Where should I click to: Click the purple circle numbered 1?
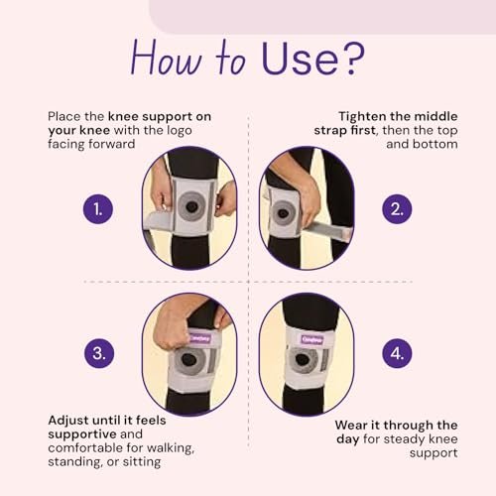[x=98, y=209]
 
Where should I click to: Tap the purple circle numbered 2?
[x=397, y=209]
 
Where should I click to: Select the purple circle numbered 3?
[x=99, y=353]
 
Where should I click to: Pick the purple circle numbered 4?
[x=397, y=353]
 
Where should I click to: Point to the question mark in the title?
[x=351, y=59]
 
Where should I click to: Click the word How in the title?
[x=166, y=59]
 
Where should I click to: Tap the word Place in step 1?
[x=64, y=116]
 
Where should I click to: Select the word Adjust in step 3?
[x=67, y=421]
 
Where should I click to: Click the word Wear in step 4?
[x=351, y=425]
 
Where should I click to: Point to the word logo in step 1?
[x=180, y=131]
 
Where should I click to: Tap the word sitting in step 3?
[x=142, y=462]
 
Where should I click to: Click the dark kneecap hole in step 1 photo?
[x=191, y=207]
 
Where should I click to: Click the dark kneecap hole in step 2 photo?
[x=283, y=213]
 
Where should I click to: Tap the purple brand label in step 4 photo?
[x=311, y=339]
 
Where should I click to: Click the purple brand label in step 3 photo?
[x=199, y=338]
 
